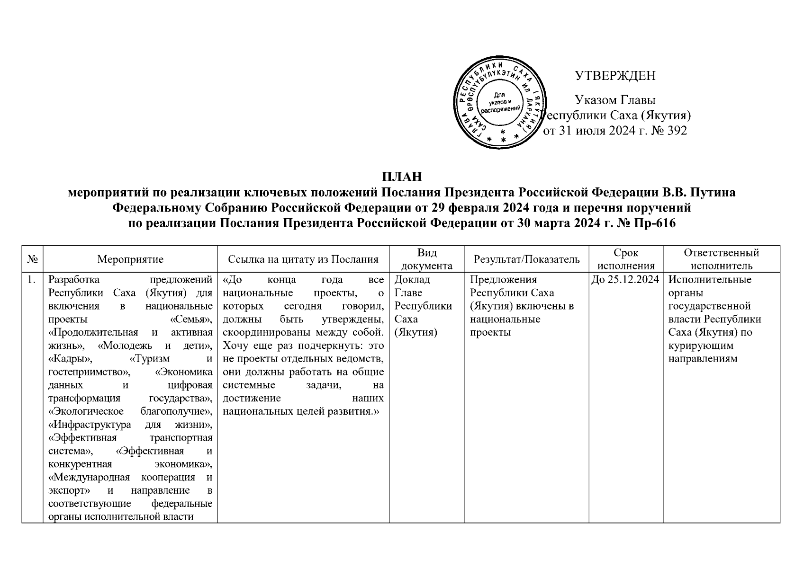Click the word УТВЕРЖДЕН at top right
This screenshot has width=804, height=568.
[x=614, y=76]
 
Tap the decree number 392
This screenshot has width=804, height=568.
[x=677, y=131]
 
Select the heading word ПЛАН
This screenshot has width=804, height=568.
[x=402, y=177]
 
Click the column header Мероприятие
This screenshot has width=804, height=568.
[x=130, y=259]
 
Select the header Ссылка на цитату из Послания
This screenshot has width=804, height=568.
[x=303, y=259]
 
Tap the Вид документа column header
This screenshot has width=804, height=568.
[x=427, y=259]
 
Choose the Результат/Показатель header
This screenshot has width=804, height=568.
[x=526, y=259]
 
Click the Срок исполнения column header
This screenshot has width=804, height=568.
[x=626, y=259]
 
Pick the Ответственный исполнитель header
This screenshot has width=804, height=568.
[x=722, y=259]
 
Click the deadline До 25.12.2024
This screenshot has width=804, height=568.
[x=626, y=280]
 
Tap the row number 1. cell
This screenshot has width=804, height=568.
[x=32, y=280]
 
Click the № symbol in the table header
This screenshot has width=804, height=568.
[x=32, y=259]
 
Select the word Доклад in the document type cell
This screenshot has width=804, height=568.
[x=412, y=280]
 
